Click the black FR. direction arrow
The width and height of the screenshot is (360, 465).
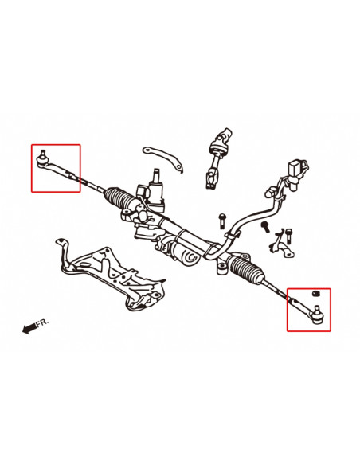point(29,327)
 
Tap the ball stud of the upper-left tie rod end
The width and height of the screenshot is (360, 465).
point(42,154)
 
